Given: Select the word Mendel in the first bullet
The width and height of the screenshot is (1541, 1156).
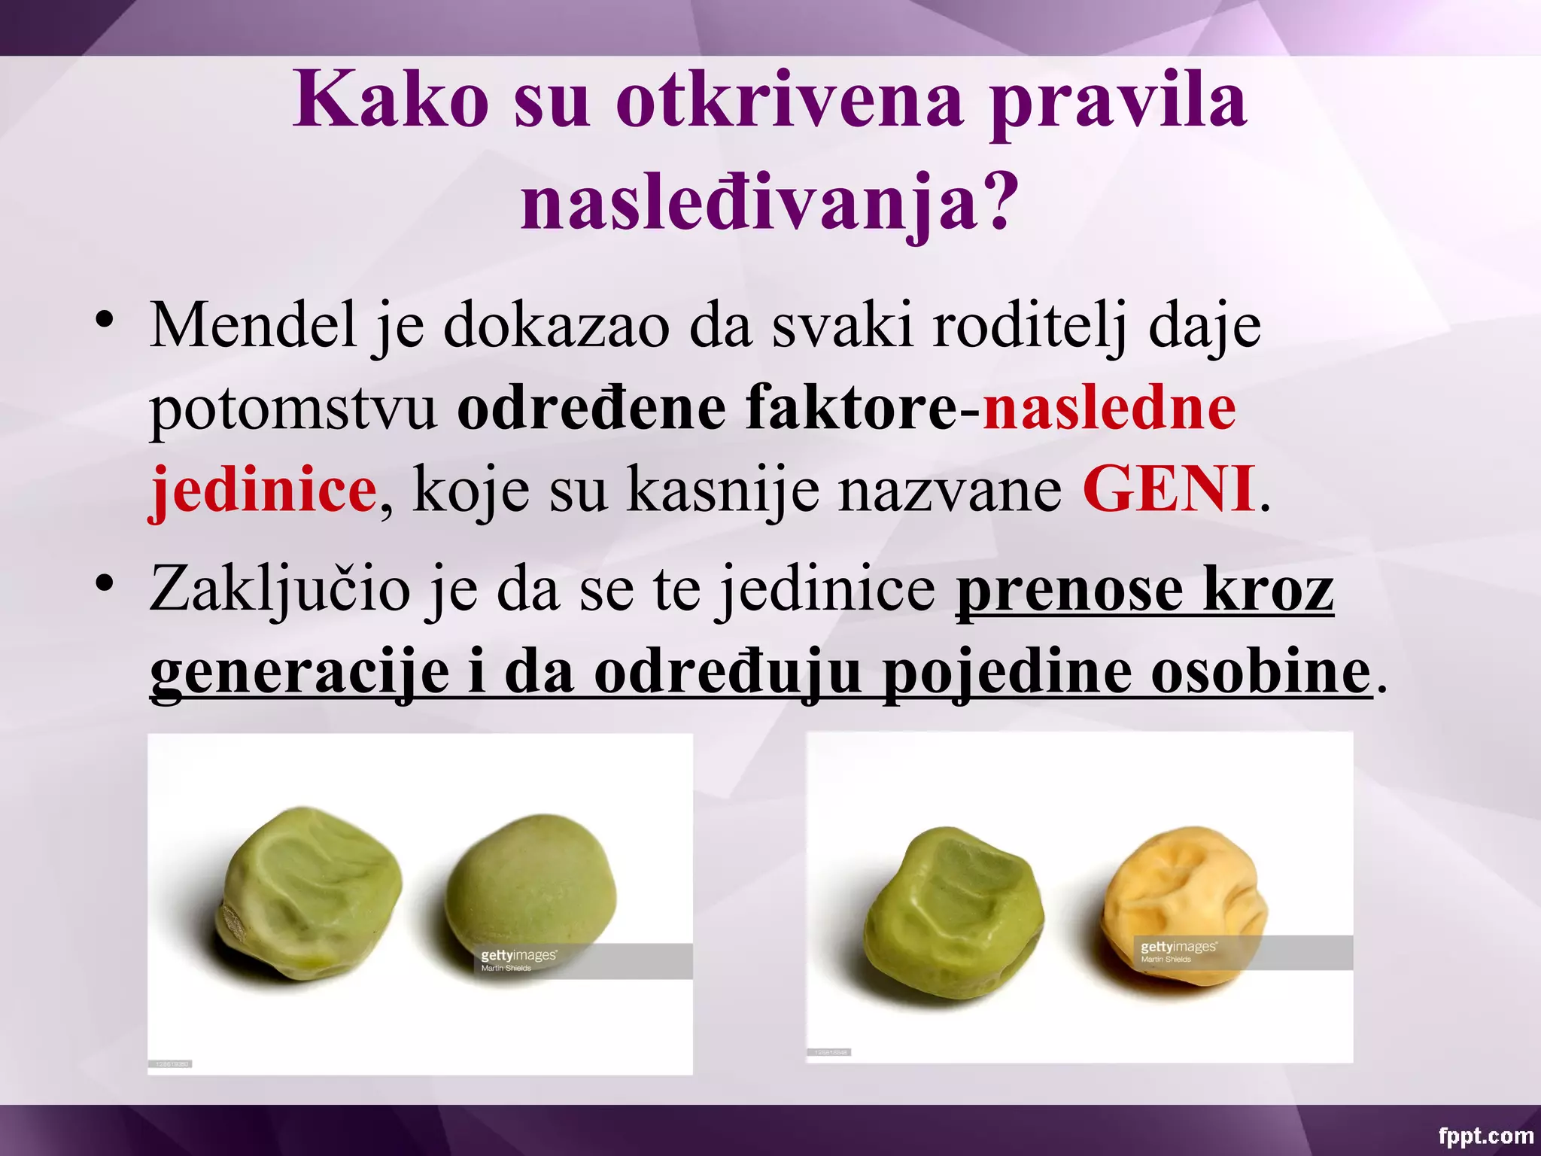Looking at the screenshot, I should pyautogui.click(x=253, y=327).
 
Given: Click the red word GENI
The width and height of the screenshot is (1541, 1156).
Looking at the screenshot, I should pyautogui.click(x=1169, y=490).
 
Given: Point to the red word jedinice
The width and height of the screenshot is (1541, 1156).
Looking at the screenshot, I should pyautogui.click(x=263, y=490).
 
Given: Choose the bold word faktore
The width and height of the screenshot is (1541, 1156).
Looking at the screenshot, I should pyautogui.click(x=850, y=409).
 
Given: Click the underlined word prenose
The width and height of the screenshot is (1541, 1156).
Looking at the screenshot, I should pyautogui.click(x=1068, y=589).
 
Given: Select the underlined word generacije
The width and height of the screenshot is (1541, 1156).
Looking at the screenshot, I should pyautogui.click(x=299, y=671).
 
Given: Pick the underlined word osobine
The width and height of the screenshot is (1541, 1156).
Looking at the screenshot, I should pyautogui.click(x=1260, y=671).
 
